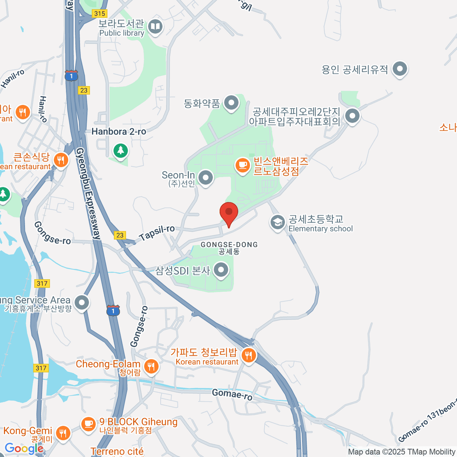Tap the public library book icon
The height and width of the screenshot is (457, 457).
[x=155, y=27]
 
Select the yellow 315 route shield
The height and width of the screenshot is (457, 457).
[x=99, y=14]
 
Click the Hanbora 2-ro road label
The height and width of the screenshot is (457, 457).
[x=119, y=132]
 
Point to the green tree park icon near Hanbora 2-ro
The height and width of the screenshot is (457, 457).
[x=121, y=150]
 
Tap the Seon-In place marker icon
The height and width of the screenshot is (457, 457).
[x=206, y=177]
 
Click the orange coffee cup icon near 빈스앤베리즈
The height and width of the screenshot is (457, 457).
[x=242, y=165]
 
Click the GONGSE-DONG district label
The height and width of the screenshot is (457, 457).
[x=229, y=244]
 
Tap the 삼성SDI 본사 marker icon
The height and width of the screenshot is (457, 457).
[x=221, y=270]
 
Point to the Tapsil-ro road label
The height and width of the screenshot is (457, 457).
[x=157, y=233]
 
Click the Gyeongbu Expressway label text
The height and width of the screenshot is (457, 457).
[x=88, y=193]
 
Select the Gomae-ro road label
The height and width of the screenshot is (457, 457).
[x=232, y=394]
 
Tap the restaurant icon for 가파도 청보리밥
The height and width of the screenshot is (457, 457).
[x=249, y=356]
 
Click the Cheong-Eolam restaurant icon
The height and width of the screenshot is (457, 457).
[x=152, y=366]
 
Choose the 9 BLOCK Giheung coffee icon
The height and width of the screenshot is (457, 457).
[x=89, y=423]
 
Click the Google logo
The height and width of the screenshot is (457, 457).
[x=24, y=448]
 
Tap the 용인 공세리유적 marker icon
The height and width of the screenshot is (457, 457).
[x=399, y=69]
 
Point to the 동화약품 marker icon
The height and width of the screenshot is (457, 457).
[x=231, y=103]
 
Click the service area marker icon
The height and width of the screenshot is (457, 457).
[x=81, y=303]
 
